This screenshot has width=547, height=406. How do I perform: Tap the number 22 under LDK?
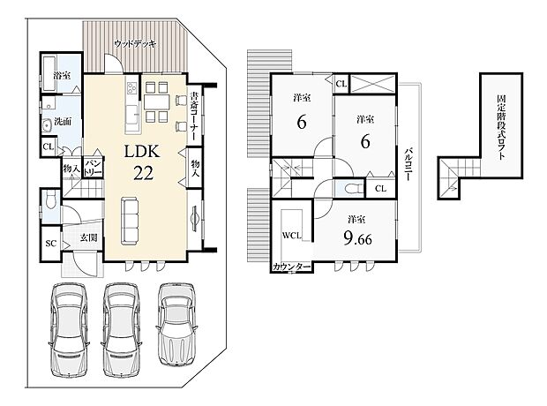click(144, 173)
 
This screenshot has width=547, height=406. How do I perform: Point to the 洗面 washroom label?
click(63, 121)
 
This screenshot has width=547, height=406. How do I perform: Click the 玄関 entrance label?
click(88, 237)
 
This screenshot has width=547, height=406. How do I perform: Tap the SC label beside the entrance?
click(50, 243)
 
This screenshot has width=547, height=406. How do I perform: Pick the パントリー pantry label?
click(94, 165)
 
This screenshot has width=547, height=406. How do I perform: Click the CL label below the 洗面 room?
click(49, 147)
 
